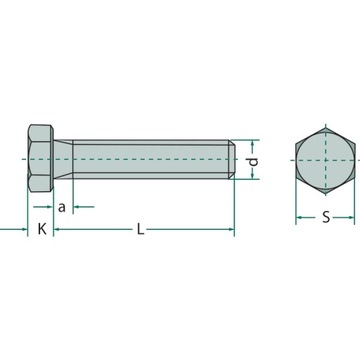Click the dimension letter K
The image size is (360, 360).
(41, 230)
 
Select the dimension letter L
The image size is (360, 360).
(141, 230)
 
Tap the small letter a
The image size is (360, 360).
(62, 207)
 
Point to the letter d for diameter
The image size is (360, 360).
(254, 159)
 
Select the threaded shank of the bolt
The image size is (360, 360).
(150, 159)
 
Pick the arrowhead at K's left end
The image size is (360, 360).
(28, 230)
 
